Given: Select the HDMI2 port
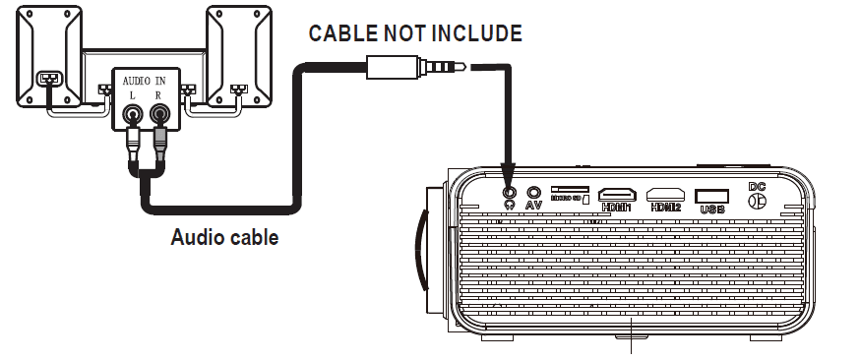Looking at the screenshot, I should point(666,194).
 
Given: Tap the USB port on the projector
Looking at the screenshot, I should point(712,195).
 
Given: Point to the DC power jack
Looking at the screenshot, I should point(757,201).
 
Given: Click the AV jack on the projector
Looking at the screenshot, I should point(534,193).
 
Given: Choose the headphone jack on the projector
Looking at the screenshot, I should point(509,193).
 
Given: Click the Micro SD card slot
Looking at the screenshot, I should point(571,188).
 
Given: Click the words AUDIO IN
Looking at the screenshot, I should point(145,78).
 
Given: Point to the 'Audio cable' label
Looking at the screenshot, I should point(224,237).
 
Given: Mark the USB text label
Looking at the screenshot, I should point(712,209).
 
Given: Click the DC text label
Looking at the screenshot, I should point(757,186).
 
